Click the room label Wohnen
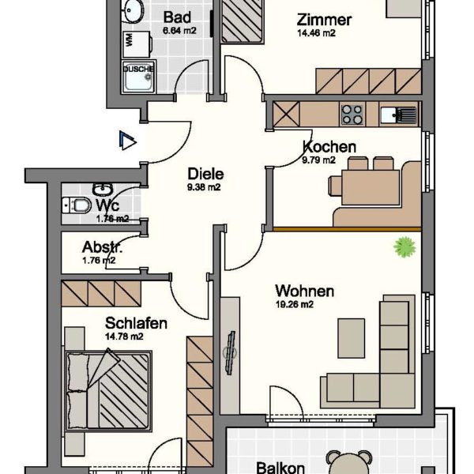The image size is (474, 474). [x=304, y=291]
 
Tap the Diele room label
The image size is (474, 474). [x=205, y=175]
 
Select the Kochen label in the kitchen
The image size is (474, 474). [x=329, y=147]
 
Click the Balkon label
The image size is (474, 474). [x=280, y=468]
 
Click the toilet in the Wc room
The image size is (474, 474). [x=79, y=205]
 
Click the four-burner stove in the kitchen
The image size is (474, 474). [x=352, y=115]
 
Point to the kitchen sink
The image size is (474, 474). [x=397, y=115]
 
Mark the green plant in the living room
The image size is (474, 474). [x=405, y=248]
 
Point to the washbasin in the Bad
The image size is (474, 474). [x=133, y=13]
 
